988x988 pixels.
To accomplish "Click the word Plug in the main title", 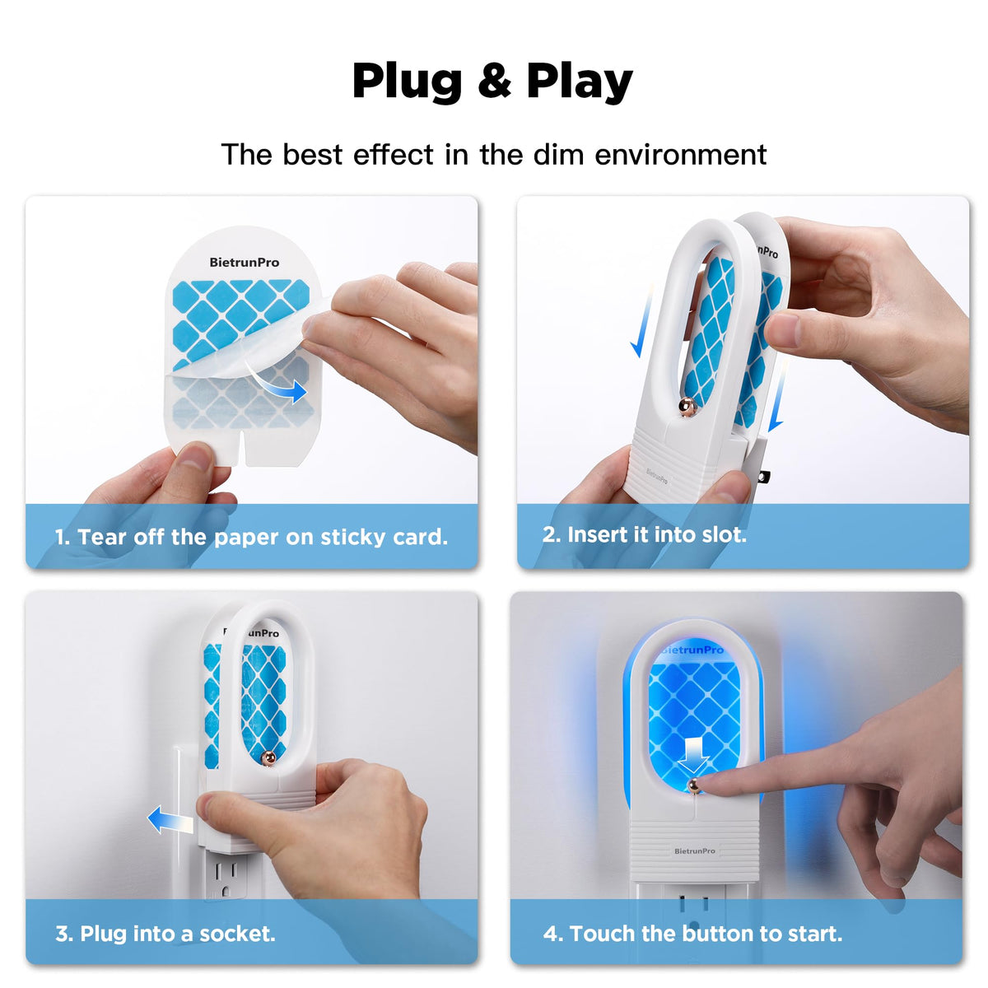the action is coord(407,82).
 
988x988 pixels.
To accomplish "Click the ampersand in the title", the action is coord(494,80).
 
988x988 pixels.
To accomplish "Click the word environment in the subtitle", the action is coord(680,154).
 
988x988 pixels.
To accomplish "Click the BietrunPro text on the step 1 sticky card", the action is coord(244,263).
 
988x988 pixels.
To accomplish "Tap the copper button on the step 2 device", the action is coord(687,406).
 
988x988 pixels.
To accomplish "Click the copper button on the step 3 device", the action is coord(268,757).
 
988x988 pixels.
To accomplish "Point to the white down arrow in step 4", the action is coord(693,755).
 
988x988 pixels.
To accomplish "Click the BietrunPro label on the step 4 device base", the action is coord(694,851).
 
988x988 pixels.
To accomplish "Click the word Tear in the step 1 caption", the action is coord(102,537).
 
